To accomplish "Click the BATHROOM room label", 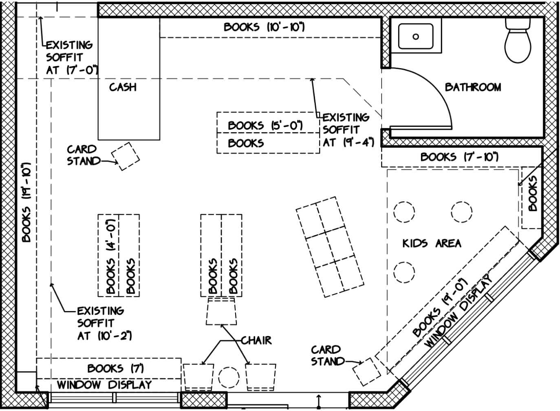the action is pyautogui.click(x=473, y=87).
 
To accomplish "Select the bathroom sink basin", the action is pyautogui.click(x=416, y=36).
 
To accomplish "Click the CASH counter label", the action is pyautogui.click(x=123, y=87).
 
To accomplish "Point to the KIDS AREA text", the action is pyautogui.click(x=432, y=243).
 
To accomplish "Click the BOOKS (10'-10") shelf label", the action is pyautogui.click(x=264, y=27).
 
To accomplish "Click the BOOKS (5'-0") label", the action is pyautogui.click(x=265, y=126).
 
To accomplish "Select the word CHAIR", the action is pyautogui.click(x=256, y=340).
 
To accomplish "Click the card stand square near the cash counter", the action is pyautogui.click(x=126, y=156).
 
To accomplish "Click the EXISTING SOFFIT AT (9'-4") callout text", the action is pyautogui.click(x=347, y=130).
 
